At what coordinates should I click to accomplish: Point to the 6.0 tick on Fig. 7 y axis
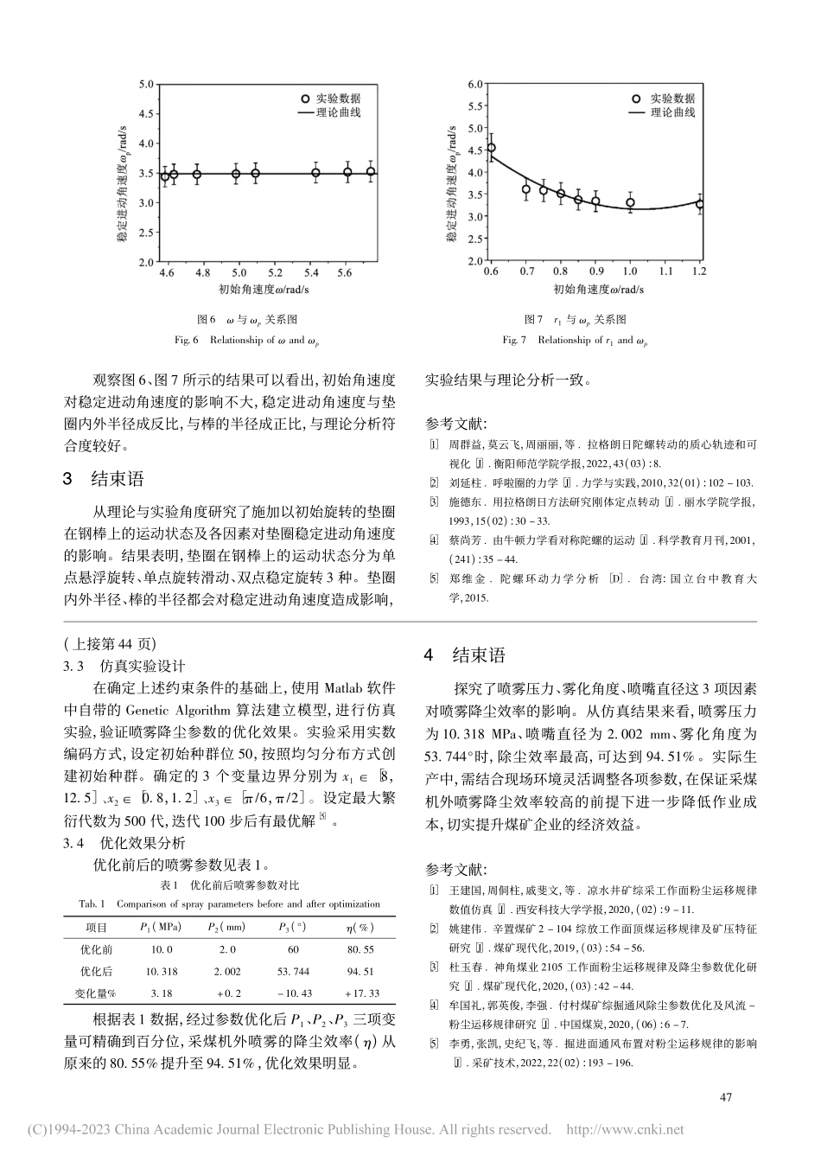tap(474, 85)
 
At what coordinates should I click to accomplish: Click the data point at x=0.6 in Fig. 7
tap(491, 148)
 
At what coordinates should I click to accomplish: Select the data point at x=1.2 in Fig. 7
tap(700, 205)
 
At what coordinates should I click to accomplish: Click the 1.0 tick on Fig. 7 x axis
tap(630, 272)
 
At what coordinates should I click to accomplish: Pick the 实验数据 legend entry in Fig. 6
tap(328, 99)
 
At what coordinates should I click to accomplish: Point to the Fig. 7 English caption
tap(575, 341)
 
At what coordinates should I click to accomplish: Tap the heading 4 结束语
tap(465, 655)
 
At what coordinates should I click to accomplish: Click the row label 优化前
tap(97, 949)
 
